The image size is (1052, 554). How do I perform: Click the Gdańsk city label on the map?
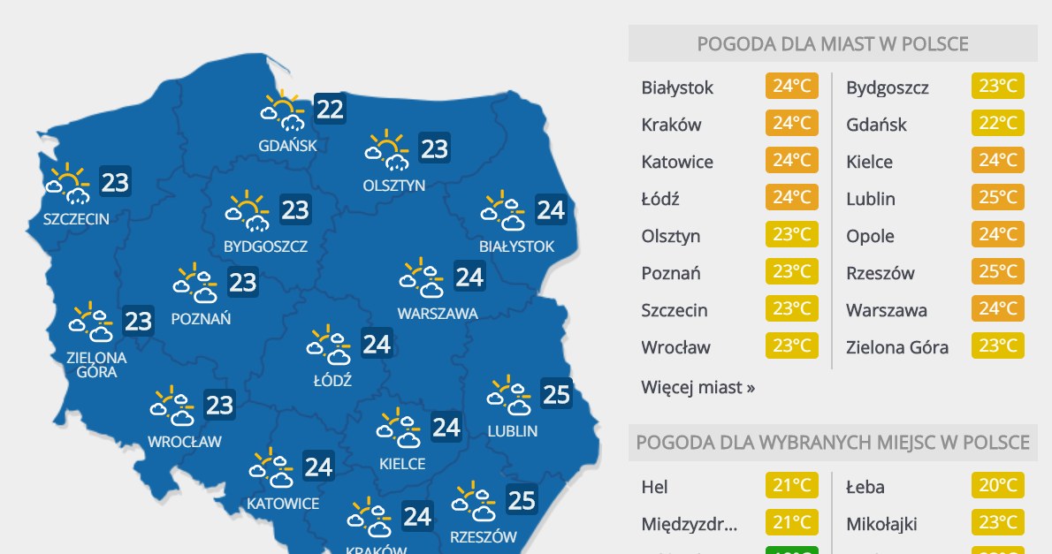[x=287, y=145]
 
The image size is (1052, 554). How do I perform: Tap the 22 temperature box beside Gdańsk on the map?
[x=330, y=110]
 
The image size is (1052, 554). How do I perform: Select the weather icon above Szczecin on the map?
[x=69, y=183]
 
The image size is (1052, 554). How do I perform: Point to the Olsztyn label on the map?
[x=394, y=186]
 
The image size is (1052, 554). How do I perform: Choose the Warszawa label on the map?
[x=438, y=313]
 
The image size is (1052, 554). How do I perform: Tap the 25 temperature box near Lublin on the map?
[x=556, y=393]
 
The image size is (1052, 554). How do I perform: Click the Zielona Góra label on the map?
[x=96, y=365]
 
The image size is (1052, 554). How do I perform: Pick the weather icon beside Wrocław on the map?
[x=172, y=406]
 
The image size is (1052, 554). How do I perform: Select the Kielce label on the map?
[x=402, y=463]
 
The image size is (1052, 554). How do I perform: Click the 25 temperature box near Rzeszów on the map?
[x=522, y=501]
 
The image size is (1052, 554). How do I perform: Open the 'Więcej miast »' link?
[x=698, y=387]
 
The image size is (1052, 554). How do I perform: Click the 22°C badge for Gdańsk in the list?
[x=997, y=125]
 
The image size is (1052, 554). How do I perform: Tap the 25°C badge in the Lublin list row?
[x=997, y=199]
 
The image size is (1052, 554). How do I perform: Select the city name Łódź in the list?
[x=660, y=199]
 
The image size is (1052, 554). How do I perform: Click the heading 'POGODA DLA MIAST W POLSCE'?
[x=832, y=44]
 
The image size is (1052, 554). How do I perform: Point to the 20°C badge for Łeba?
[x=997, y=487]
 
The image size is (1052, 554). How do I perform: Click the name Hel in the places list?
[x=655, y=487]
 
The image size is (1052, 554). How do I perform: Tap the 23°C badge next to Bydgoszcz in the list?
[x=997, y=87]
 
